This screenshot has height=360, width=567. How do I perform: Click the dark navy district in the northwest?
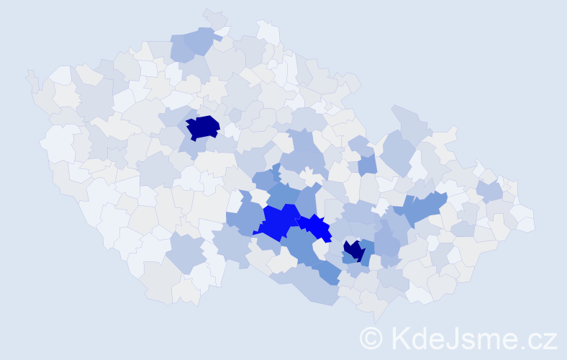[203, 127]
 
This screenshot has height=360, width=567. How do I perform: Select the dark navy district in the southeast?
[353, 251]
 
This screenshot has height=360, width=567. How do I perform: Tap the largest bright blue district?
[277, 222]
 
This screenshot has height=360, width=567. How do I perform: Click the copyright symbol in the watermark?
[371, 337]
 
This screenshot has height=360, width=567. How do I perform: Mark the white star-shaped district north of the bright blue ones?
[310, 176]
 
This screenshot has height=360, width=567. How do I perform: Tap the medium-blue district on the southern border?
[327, 271]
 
